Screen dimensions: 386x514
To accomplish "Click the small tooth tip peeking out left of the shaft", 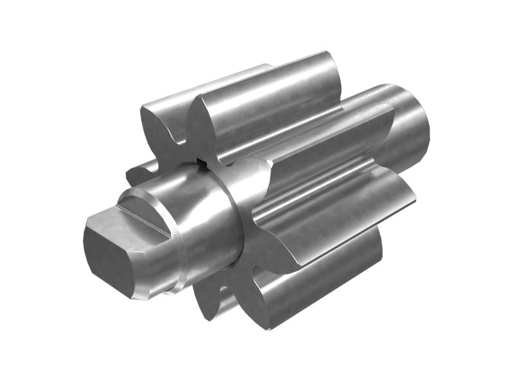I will coord(138,172).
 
